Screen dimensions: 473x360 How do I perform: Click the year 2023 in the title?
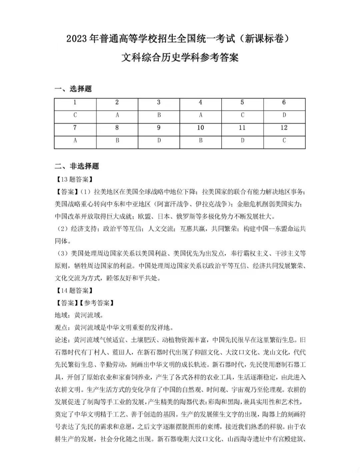pyautogui.click(x=77, y=39)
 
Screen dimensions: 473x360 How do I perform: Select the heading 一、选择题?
pyautogui.click(x=73, y=89)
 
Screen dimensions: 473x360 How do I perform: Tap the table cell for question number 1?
pyautogui.click(x=75, y=103)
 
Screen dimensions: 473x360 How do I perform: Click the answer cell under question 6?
pyautogui.click(x=284, y=115)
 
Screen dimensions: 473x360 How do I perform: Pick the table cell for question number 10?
pyautogui.click(x=200, y=128)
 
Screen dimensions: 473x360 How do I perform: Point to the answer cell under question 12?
pyautogui.click(x=284, y=140)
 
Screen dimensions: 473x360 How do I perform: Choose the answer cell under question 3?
pyautogui.click(x=159, y=115)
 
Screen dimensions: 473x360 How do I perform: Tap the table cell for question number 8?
pyautogui.click(x=117, y=128)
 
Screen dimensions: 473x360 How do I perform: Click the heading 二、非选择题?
pyautogui.click(x=77, y=166)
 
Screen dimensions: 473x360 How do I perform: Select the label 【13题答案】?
pyautogui.click(x=74, y=179)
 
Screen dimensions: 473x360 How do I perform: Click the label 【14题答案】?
pyautogui.click(x=74, y=291)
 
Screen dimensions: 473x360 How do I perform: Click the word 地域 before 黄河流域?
pyautogui.click(x=61, y=315)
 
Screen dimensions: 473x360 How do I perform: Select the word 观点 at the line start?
pyautogui.click(x=61, y=328)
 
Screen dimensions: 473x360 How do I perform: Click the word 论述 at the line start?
pyautogui.click(x=61, y=340)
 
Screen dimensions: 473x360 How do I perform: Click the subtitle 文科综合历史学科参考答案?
pyautogui.click(x=180, y=58)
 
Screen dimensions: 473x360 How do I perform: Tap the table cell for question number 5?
pyautogui.click(x=242, y=103)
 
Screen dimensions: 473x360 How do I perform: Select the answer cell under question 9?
pyautogui.click(x=159, y=140)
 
